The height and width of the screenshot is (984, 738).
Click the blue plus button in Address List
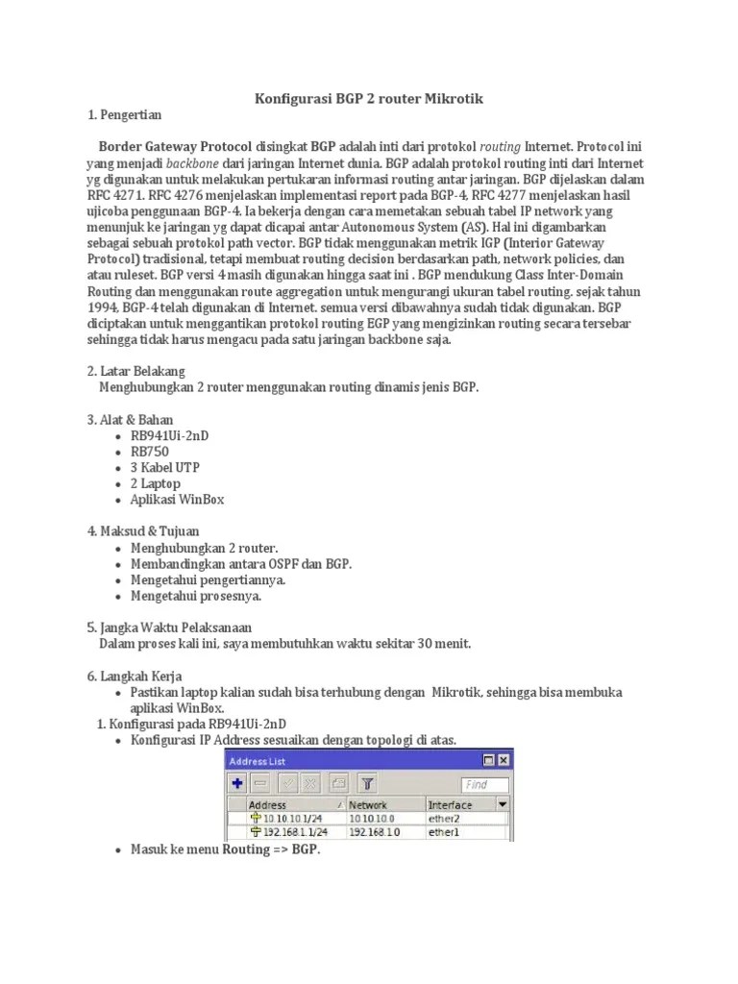[236, 783]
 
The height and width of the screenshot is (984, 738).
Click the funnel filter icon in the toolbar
[367, 783]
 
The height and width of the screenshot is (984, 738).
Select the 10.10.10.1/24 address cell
[287, 818]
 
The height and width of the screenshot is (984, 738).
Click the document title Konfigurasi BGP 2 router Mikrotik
[368, 98]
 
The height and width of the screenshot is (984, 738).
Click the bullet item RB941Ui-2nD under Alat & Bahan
[170, 435]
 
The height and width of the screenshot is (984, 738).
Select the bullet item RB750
[151, 452]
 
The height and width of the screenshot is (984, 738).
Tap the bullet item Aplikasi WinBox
[178, 500]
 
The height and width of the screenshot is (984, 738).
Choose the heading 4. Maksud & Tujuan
[143, 530]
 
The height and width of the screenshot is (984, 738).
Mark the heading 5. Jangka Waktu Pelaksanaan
[170, 627]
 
